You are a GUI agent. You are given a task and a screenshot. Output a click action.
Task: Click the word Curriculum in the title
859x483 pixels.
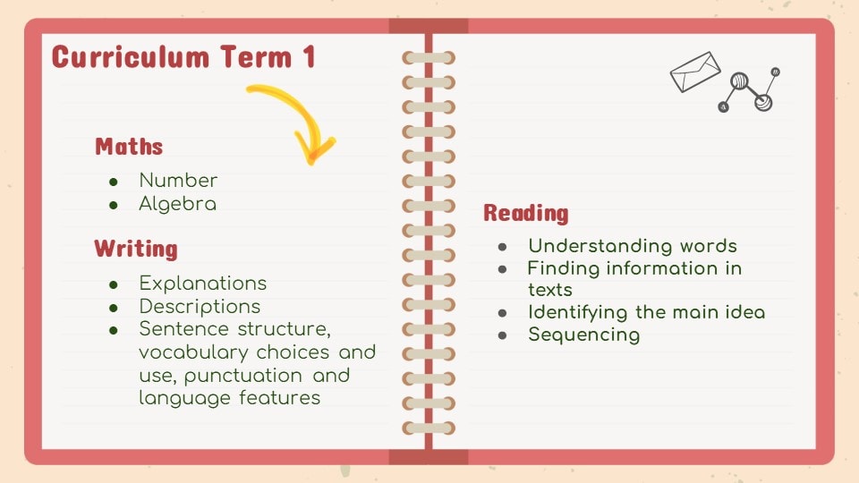tap(131, 57)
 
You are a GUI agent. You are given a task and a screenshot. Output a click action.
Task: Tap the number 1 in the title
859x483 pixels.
tap(309, 57)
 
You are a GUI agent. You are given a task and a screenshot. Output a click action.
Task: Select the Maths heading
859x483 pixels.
tap(129, 146)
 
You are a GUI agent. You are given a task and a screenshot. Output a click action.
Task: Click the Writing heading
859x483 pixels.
tap(136, 249)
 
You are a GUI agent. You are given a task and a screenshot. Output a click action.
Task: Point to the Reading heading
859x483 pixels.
tap(526, 213)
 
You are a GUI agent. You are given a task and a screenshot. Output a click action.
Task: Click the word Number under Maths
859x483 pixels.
tap(178, 180)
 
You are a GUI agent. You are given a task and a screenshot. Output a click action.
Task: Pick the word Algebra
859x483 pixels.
tap(177, 204)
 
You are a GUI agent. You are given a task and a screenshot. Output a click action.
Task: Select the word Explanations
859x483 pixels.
tap(203, 284)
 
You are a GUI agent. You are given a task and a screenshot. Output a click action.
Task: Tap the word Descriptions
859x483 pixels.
tap(200, 307)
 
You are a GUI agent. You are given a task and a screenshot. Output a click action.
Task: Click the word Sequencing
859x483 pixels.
tap(584, 335)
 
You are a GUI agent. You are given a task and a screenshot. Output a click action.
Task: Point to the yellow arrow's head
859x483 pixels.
tap(313, 149)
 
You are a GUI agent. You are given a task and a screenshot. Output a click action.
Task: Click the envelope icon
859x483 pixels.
tap(695, 72)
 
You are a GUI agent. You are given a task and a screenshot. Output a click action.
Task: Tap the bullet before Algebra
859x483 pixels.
tap(114, 206)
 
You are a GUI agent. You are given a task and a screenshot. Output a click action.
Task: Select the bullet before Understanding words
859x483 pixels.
tap(502, 247)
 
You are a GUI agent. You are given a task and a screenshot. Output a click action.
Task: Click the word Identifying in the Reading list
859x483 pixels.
tap(578, 313)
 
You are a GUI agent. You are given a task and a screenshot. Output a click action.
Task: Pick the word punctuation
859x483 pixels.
tap(243, 377)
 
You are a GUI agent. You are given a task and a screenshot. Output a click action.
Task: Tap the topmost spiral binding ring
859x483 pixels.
tap(429, 57)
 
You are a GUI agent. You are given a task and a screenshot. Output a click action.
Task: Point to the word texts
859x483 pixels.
tap(550, 290)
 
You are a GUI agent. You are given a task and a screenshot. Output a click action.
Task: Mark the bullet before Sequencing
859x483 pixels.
tap(502, 335)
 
